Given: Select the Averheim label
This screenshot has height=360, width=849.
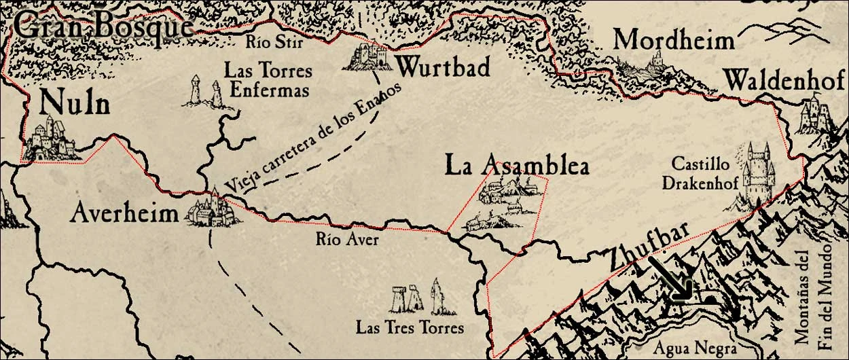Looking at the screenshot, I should pyautogui.click(x=124, y=215).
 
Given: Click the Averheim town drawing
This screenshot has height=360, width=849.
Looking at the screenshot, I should pyautogui.click(x=211, y=211).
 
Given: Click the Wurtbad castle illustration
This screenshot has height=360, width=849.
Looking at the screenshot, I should pyautogui.click(x=370, y=56).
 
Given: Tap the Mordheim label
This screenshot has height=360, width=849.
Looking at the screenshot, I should pyautogui.click(x=674, y=40).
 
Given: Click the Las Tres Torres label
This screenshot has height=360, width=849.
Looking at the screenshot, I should pyautogui.click(x=410, y=327).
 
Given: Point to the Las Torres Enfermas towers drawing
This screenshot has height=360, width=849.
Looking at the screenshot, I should pyautogui.click(x=205, y=92).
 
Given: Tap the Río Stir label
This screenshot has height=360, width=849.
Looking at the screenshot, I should pyautogui.click(x=273, y=42).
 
